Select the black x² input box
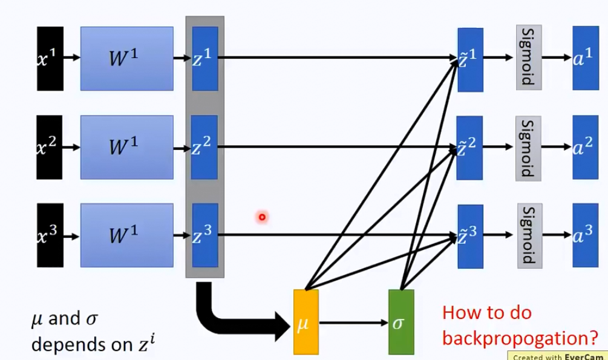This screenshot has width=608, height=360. [x=50, y=147]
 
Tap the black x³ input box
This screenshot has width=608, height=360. [x=50, y=235]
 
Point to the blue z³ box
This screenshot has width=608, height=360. [x=204, y=235]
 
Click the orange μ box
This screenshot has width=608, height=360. [x=306, y=322]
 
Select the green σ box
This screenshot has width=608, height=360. [x=400, y=322]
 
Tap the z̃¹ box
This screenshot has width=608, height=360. [x=471, y=59]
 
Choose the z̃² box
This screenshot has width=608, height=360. [x=471, y=147]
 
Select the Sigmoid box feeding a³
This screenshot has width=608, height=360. [x=528, y=235]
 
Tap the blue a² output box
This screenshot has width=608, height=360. [x=585, y=147]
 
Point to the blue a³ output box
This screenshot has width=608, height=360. [x=585, y=235]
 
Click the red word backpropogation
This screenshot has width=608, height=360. [x=519, y=336]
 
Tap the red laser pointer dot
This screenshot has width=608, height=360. [x=262, y=216]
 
